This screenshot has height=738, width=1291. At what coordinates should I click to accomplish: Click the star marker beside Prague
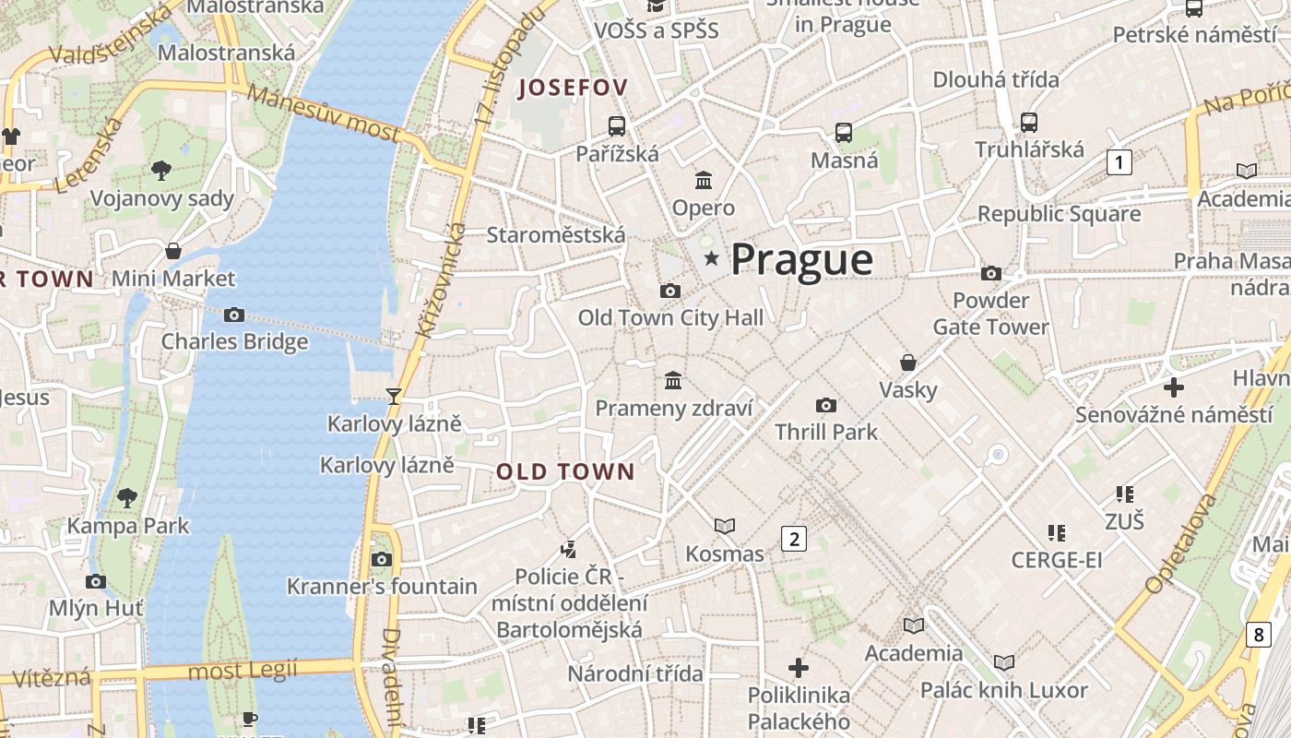click(711, 259)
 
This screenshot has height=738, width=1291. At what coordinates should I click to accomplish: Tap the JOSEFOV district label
click(573, 89)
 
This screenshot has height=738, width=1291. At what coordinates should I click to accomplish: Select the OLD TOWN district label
click(565, 472)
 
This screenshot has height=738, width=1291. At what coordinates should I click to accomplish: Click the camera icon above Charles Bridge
click(234, 315)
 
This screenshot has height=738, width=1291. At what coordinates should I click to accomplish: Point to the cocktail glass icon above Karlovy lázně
click(394, 397)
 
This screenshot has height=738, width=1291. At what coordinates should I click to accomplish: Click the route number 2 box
click(793, 539)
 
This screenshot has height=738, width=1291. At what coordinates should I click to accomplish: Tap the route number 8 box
click(1259, 635)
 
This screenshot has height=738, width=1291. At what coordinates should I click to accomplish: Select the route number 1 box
click(1119, 163)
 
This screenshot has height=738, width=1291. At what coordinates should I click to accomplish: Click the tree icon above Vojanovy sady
click(160, 170)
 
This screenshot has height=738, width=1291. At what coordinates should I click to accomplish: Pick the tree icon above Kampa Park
click(127, 498)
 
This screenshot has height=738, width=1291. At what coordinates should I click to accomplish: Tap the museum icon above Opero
click(704, 180)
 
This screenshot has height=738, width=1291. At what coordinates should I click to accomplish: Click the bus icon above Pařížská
click(616, 126)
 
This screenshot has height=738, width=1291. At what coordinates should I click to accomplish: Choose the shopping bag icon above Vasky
click(908, 363)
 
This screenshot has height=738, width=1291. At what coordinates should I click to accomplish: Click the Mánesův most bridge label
click(323, 115)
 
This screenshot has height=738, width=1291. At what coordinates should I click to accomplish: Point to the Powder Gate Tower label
click(990, 314)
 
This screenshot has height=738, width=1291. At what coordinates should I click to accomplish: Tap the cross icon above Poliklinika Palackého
click(799, 667)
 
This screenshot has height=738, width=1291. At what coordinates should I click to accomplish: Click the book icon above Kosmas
click(725, 527)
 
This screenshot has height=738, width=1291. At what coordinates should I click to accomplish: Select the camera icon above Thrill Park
click(826, 405)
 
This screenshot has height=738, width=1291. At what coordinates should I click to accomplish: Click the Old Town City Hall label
click(670, 318)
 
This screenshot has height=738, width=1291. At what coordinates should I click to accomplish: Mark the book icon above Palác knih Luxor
click(1004, 663)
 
